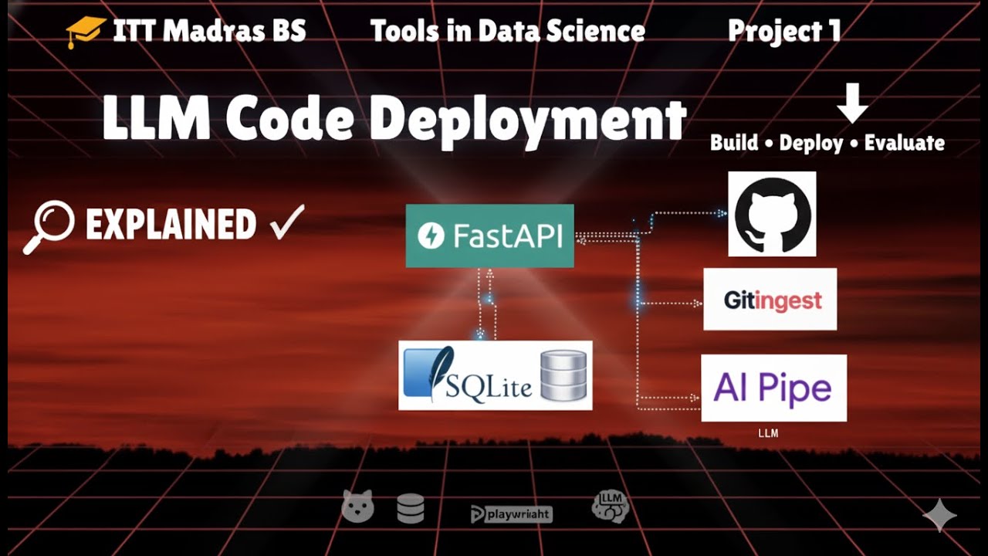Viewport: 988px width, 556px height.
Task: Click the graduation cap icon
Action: pos(85,32)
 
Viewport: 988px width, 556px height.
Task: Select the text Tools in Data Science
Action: pos(507,31)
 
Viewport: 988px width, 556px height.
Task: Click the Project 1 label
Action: pos(783,31)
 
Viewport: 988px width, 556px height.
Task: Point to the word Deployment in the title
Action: pos(533,121)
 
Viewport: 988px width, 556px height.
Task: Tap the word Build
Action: pos(733,143)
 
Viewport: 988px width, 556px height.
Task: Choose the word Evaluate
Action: pos(904,143)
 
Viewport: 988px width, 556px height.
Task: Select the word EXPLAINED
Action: pos(171,225)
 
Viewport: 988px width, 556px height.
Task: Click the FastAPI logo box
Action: pos(489,236)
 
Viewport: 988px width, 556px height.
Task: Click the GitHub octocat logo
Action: pos(772,214)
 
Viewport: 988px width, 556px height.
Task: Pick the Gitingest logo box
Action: pos(770,300)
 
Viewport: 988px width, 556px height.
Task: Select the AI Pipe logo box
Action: pos(773,388)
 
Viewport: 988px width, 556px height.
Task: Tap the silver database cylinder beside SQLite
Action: pos(563,375)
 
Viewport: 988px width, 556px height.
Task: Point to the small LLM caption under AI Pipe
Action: pos(768,434)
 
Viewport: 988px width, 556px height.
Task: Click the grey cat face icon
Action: pos(357,507)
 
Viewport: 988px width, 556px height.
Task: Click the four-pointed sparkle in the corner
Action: pos(939,515)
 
